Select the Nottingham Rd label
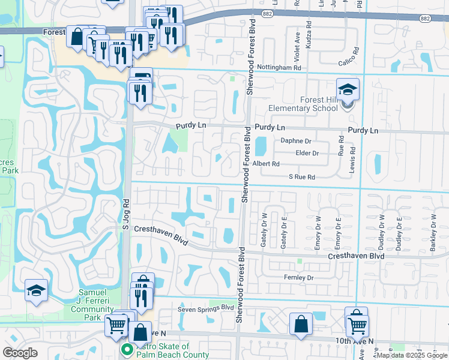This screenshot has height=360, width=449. tap(279, 68)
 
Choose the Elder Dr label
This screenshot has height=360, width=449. tap(307, 153)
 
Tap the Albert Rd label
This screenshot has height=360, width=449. tap(266, 164)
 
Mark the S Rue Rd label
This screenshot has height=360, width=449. tap(301, 177)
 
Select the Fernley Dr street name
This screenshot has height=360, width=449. tap(299, 278)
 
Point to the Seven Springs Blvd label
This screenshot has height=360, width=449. tap(205, 308)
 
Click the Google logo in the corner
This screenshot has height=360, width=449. tap(20, 353)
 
